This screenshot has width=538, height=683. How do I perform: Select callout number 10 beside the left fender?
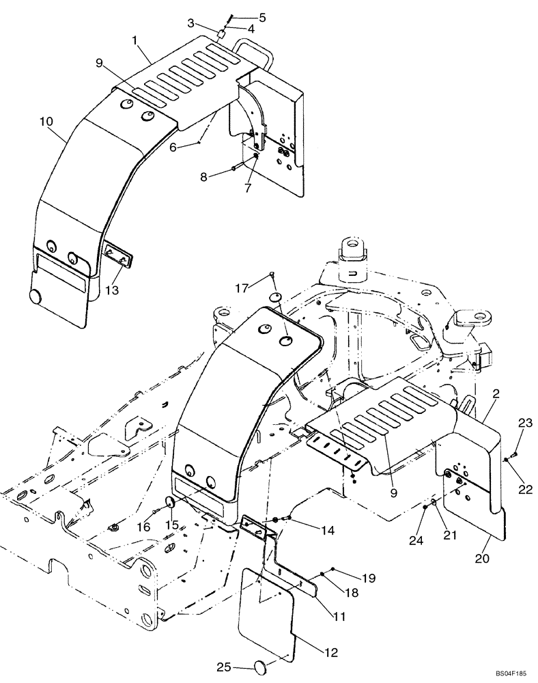[x=46, y=122]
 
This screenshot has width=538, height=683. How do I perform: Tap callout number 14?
[x=311, y=529]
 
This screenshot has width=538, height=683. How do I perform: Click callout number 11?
[x=339, y=617]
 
